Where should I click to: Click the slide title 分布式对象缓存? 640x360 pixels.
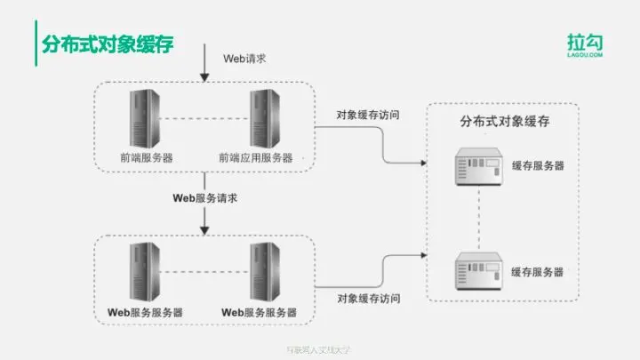point(104,44)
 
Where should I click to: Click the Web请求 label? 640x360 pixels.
point(244,58)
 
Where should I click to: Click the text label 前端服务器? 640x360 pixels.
point(146,157)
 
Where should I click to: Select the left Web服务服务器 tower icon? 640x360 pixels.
point(146,272)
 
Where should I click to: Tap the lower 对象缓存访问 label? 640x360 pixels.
point(368,299)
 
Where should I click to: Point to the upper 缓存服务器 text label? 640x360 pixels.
point(538,166)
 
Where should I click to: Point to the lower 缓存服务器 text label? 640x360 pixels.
point(538,271)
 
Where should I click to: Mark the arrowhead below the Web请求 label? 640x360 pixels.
point(205,77)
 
